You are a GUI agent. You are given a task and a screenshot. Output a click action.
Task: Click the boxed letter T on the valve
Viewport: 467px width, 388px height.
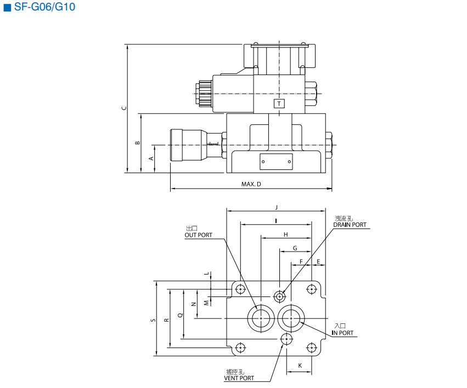pyautogui.click(x=279, y=104)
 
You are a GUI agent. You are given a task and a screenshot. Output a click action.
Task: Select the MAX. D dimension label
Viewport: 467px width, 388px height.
pyautogui.click(x=251, y=184)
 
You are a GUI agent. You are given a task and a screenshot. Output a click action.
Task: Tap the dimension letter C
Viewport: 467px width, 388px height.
pyautogui.click(x=124, y=108)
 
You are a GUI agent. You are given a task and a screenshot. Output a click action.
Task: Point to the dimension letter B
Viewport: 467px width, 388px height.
pyautogui.click(x=138, y=143)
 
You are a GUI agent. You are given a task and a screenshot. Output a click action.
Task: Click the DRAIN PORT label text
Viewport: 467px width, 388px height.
pyautogui.click(x=350, y=225)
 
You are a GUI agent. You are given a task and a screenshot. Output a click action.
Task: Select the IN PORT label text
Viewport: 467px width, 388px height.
pyautogui.click(x=343, y=333)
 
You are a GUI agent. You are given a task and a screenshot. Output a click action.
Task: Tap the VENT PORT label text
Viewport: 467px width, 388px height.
pyautogui.click(x=239, y=378)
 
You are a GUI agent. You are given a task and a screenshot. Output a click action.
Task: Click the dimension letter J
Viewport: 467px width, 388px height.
pyautogui.click(x=277, y=207)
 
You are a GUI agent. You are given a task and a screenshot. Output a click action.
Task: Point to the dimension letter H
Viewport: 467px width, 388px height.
pyautogui.click(x=285, y=234)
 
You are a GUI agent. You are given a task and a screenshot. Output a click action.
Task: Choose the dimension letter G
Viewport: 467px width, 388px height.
pyautogui.click(x=295, y=248)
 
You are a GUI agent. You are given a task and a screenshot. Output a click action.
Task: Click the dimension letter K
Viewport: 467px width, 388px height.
pyautogui.click(x=300, y=366)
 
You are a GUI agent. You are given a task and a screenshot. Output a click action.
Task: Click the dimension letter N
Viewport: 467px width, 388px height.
pyautogui.click(x=193, y=304)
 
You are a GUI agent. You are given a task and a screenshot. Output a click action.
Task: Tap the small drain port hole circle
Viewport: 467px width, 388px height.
pyautogui.click(x=280, y=296)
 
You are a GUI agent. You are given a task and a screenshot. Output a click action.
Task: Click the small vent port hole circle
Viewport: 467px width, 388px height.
pyautogui.click(x=285, y=339)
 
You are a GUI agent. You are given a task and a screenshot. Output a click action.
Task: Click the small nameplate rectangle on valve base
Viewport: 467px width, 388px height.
pyautogui.click(x=276, y=162)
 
